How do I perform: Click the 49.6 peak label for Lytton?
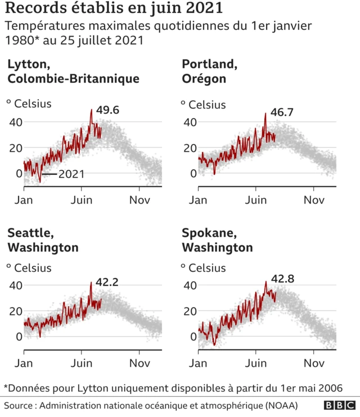coord(107,110)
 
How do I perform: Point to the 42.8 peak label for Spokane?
coord(283,279)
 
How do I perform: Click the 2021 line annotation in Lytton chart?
coord(71,174)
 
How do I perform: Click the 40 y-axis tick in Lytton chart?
coord(15,122)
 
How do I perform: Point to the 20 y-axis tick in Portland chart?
coord(190,147)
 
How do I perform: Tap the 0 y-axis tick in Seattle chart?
coord(19,337)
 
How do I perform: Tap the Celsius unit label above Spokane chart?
coord(207,268)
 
